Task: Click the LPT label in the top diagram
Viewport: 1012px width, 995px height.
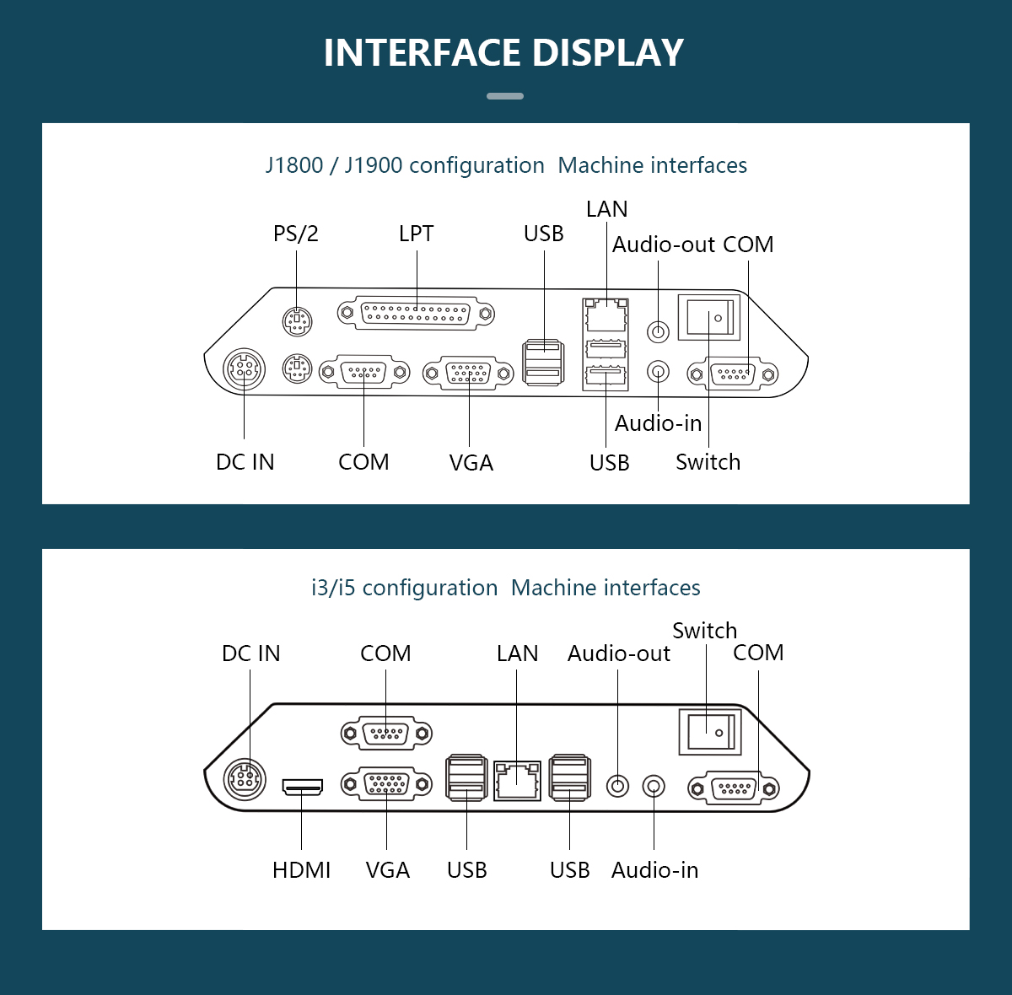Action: click(416, 234)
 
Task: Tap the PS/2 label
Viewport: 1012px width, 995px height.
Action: click(296, 234)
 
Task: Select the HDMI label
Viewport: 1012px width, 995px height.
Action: click(301, 870)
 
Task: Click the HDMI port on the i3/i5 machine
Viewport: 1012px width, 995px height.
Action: click(302, 788)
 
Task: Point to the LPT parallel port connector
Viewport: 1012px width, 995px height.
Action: click(416, 314)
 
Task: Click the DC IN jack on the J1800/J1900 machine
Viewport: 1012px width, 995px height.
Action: click(244, 369)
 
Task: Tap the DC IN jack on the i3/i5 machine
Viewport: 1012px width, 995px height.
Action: click(245, 778)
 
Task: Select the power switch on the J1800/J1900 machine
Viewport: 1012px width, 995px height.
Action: click(709, 318)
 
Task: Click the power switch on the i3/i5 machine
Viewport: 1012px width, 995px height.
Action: click(710, 731)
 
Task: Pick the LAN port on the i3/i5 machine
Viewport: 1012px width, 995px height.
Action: click(517, 780)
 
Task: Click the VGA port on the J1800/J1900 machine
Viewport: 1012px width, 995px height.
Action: click(468, 373)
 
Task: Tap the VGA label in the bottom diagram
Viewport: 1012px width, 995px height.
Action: click(387, 870)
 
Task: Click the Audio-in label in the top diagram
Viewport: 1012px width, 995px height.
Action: click(658, 423)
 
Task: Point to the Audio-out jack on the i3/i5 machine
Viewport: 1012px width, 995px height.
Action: click(618, 786)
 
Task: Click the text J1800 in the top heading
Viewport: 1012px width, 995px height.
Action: click(294, 165)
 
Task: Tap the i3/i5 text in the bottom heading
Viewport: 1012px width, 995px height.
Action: click(333, 588)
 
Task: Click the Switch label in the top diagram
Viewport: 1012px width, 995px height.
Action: click(708, 462)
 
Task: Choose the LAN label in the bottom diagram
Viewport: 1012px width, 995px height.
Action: click(517, 653)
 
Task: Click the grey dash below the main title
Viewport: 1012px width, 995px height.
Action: click(505, 96)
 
